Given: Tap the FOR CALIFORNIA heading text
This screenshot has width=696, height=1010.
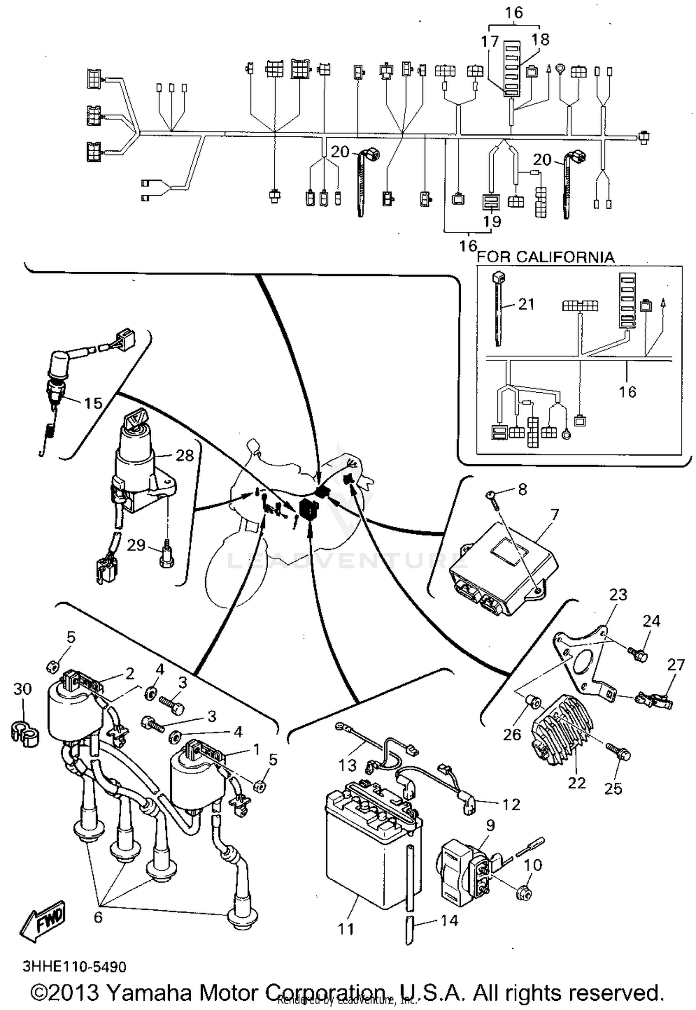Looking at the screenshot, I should point(546,257).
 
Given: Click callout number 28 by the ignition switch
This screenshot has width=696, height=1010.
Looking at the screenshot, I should point(184,456).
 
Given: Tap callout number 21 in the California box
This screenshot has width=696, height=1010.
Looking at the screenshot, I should point(526,305).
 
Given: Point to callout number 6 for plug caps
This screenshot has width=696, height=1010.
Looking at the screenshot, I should point(98,917).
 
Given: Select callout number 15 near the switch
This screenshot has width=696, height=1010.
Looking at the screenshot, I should point(93,403).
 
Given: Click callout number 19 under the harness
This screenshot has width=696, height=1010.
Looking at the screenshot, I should point(492,222).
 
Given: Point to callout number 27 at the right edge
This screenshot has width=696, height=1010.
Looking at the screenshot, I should point(676,665).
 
